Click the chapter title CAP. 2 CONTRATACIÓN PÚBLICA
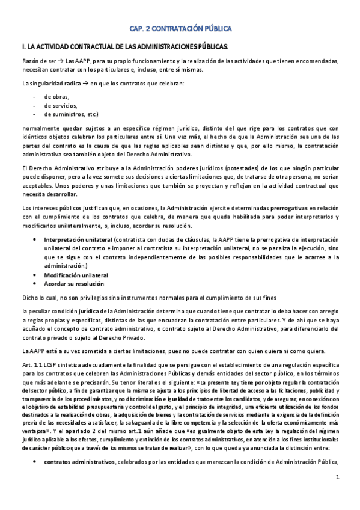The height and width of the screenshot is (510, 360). tap(180, 28)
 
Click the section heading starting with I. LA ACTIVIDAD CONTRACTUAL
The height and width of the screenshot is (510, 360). tap(124, 46)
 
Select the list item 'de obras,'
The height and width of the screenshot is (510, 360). tap(57, 96)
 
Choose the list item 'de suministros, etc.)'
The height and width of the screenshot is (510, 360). tap(71, 114)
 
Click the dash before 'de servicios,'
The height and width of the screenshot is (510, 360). tap(35, 105)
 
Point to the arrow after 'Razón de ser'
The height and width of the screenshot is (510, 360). tap(62, 61)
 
